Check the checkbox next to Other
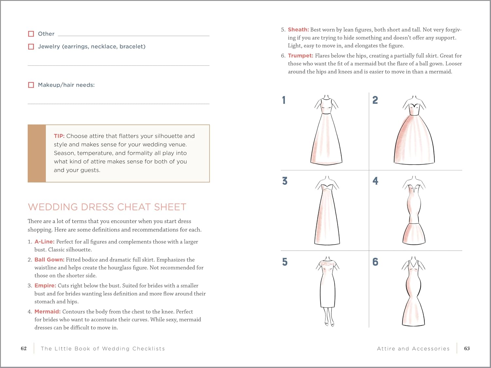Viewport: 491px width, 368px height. pyautogui.click(x=31, y=34)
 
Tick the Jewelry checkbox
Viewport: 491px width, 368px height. pyautogui.click(x=31, y=47)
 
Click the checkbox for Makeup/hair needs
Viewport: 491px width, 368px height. pyautogui.click(x=31, y=85)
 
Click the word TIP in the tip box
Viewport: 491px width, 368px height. pyautogui.click(x=59, y=136)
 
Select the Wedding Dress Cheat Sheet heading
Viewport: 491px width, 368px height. pyautogui.click(x=107, y=207)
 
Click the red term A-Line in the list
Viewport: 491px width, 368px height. pyautogui.click(x=45, y=242)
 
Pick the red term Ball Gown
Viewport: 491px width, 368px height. pyautogui.click(x=49, y=260)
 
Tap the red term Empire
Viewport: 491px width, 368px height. pyautogui.click(x=45, y=286)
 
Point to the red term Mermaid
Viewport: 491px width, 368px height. pyautogui.click(x=47, y=312)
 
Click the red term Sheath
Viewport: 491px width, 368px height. pyautogui.click(x=298, y=30)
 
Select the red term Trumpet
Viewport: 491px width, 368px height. pyautogui.click(x=300, y=56)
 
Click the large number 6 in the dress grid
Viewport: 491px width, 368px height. pyautogui.click(x=375, y=262)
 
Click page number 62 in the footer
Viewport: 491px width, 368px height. pyautogui.click(x=24, y=349)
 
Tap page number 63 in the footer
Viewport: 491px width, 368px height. pyautogui.click(x=467, y=349)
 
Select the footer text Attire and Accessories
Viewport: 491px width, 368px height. pyautogui.click(x=413, y=349)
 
